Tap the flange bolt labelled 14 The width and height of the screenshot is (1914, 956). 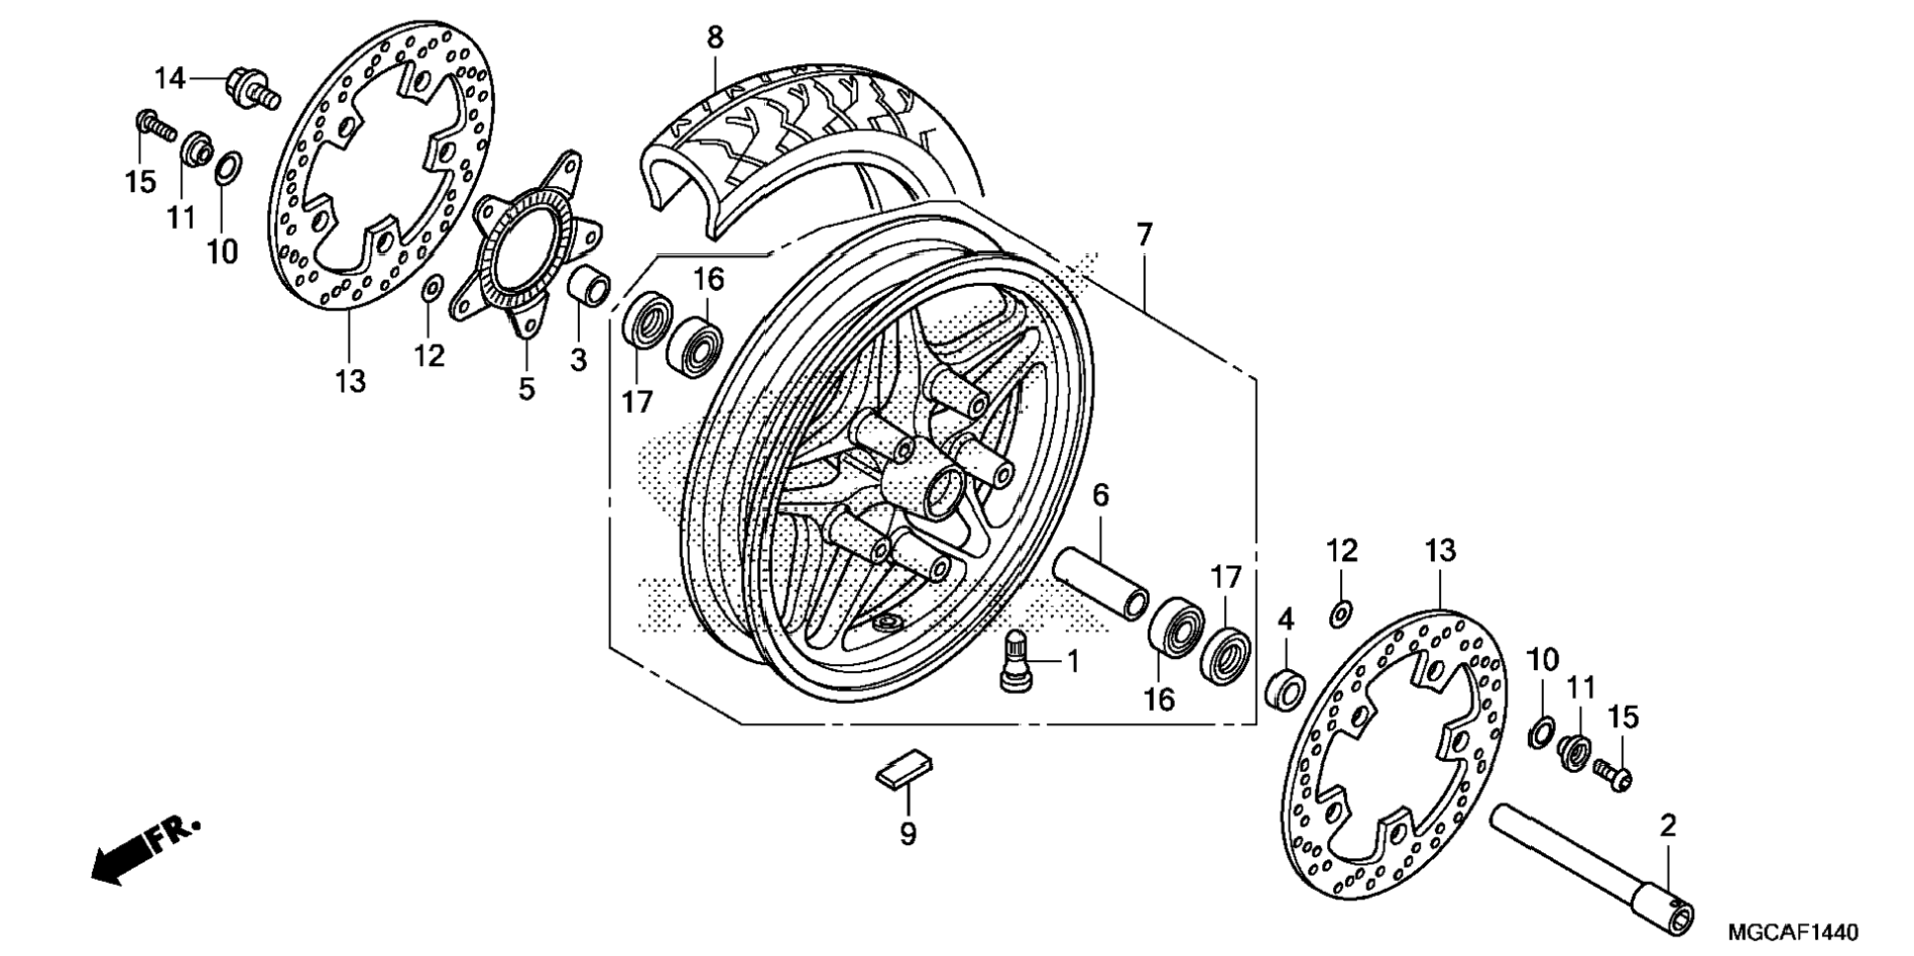(251, 86)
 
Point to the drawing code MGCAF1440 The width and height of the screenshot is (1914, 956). (1792, 932)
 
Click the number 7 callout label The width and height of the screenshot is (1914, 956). (1144, 236)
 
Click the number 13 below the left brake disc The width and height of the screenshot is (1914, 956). (350, 380)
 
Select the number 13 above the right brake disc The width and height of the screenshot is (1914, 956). (1440, 550)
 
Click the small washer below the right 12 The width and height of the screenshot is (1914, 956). (1339, 615)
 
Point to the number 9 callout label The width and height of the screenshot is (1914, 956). (908, 834)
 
